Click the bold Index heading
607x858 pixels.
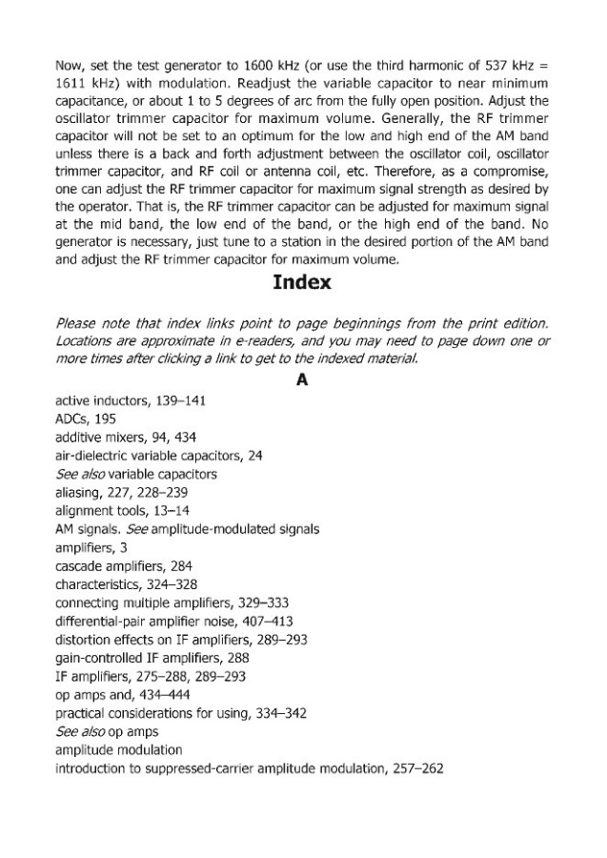(x=302, y=282)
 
